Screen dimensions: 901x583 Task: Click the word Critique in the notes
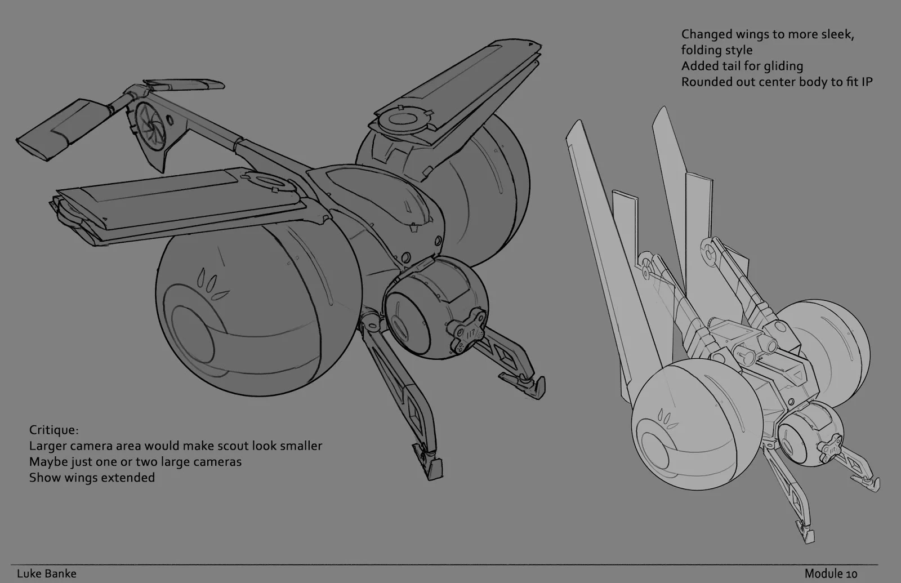[53, 430]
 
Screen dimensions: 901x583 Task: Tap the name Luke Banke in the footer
[46, 573]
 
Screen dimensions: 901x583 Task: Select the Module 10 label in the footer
[831, 573]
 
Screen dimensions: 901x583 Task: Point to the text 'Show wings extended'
[92, 478]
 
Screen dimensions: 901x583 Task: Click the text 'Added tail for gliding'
[742, 66]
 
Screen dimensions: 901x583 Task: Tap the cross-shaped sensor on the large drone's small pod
[467, 332]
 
